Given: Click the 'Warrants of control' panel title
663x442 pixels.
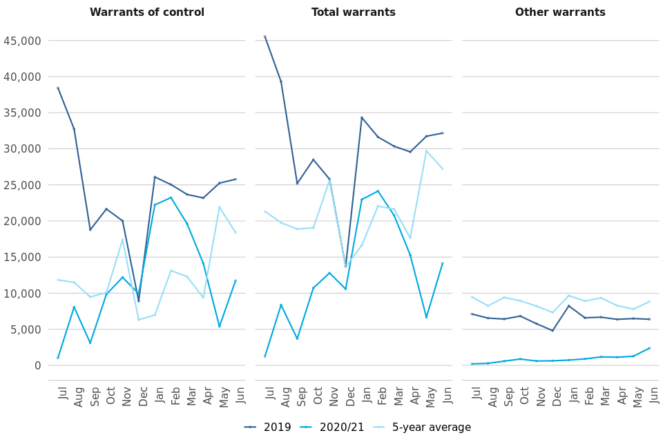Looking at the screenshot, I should tap(146, 12).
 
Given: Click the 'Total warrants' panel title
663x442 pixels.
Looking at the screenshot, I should tap(354, 12).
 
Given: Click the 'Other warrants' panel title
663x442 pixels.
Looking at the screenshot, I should tap(560, 12).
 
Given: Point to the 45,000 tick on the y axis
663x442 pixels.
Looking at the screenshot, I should tap(22, 41).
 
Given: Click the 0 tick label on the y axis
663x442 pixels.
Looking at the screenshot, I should tap(37, 365).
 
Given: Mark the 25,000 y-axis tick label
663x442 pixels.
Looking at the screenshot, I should tap(22, 185).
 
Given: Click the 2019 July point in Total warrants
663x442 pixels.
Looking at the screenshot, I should tap(265, 37).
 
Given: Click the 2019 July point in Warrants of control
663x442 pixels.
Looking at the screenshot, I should tap(58, 88).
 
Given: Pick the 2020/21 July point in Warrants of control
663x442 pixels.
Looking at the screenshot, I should tap(58, 358).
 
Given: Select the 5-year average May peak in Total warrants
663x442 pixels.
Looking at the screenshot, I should tap(426, 151).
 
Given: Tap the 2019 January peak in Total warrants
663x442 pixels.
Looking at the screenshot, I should tap(361, 117).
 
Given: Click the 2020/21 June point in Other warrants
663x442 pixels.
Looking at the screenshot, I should tap(649, 348).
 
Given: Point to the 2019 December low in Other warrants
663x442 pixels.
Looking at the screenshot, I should tap(552, 331).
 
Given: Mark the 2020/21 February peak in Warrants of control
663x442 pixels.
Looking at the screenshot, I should tap(171, 198).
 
